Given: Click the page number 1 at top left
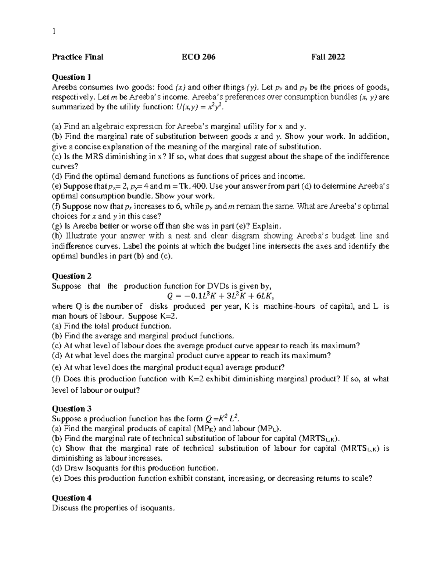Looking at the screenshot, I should (x=54, y=31).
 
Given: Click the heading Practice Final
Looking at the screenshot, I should (x=78, y=57).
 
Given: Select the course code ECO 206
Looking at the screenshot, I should (x=199, y=57).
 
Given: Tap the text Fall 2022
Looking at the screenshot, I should (x=328, y=57).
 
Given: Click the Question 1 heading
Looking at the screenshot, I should (x=71, y=77).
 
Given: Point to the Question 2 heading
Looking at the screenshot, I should (x=72, y=276).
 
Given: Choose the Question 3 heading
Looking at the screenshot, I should (x=72, y=409).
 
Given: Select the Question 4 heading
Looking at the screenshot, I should (x=72, y=498).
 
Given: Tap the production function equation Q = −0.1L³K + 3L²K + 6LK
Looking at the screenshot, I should (x=220, y=296).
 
